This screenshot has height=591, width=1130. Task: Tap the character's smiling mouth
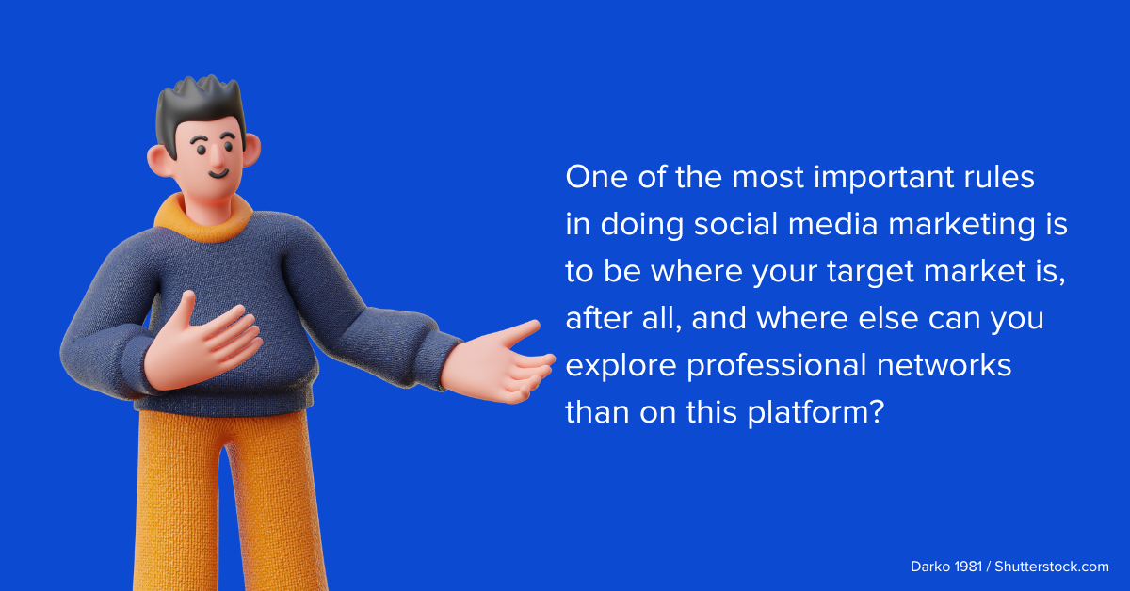point(218,173)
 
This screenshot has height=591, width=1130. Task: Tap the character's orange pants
point(221,499)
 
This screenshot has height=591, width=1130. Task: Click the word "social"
point(738,225)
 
